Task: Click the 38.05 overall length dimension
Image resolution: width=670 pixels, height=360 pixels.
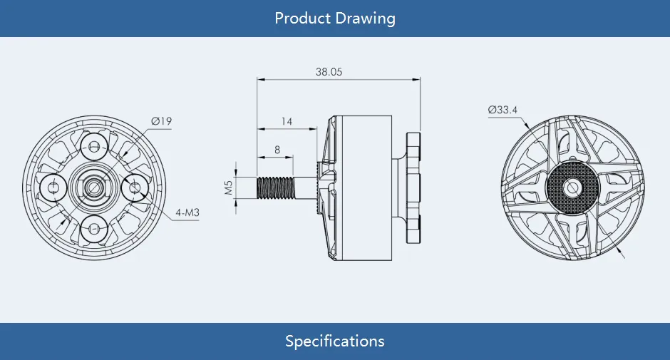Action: click(x=329, y=72)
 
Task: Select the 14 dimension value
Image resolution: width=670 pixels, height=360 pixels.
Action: click(x=287, y=121)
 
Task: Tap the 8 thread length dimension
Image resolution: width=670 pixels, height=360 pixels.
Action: click(x=277, y=150)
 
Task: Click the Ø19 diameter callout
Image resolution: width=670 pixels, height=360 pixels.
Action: click(x=162, y=121)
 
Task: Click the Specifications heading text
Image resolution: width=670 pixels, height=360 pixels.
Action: click(x=334, y=341)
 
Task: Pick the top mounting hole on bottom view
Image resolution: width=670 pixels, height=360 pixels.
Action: click(x=94, y=147)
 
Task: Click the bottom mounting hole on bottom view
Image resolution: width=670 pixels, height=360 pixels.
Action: click(x=94, y=228)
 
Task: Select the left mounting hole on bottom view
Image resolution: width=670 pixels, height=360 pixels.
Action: click(x=53, y=187)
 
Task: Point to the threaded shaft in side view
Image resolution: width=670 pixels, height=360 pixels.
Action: click(x=275, y=188)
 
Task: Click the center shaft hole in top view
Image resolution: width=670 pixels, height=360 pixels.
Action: click(x=572, y=187)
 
